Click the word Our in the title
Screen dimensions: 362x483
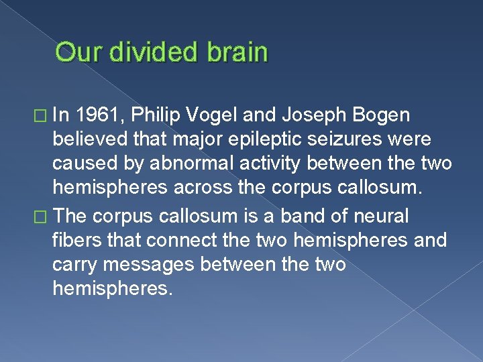pos(78,52)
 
